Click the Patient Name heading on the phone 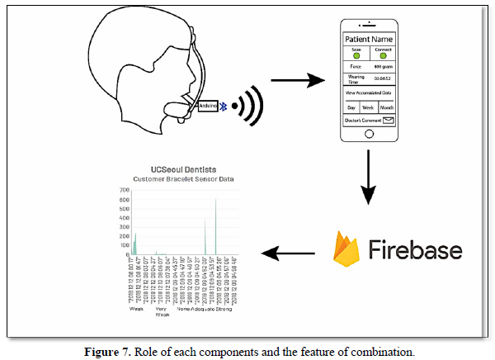pos(372,39)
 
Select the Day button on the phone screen pos(351,107)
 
